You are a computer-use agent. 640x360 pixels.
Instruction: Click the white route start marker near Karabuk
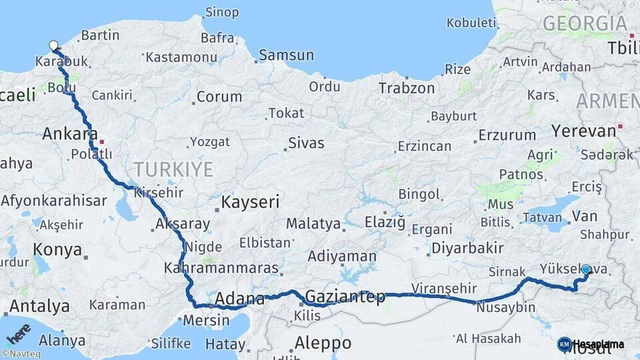point(53,46)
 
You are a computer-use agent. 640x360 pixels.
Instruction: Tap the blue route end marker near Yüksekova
point(586,269)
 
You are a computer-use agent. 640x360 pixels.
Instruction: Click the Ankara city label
point(70,133)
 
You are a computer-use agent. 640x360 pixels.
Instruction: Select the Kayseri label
point(251,202)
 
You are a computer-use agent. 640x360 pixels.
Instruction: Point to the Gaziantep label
point(345,297)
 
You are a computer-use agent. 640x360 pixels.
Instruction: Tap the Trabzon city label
point(406,88)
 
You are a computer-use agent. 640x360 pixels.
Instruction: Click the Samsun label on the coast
point(286,55)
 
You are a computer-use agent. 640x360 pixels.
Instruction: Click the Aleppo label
point(323,343)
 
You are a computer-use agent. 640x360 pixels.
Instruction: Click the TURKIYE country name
point(173,169)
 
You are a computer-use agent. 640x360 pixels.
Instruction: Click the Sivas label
point(306,143)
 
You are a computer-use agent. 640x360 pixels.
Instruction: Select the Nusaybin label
point(505,307)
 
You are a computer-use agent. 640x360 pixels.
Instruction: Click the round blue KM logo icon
point(564,344)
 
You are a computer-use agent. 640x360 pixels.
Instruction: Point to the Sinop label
point(222,11)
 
